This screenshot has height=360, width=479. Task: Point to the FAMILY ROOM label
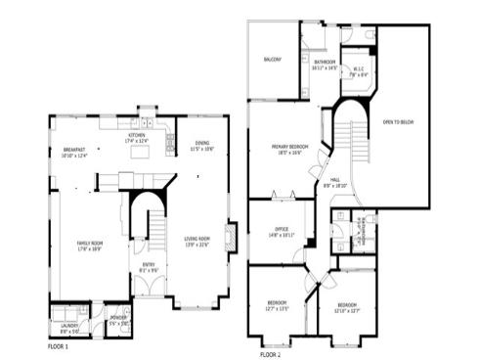click(x=90, y=243)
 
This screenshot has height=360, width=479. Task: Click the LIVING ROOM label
click(x=196, y=239)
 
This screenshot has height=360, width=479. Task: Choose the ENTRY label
click(x=149, y=264)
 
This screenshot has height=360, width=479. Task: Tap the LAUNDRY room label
click(x=68, y=328)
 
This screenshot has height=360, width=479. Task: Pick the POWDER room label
click(x=117, y=317)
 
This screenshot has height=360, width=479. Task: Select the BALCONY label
click(x=273, y=60)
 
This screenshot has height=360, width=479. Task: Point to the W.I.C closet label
click(x=359, y=68)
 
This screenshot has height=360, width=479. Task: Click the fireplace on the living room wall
click(x=230, y=237)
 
